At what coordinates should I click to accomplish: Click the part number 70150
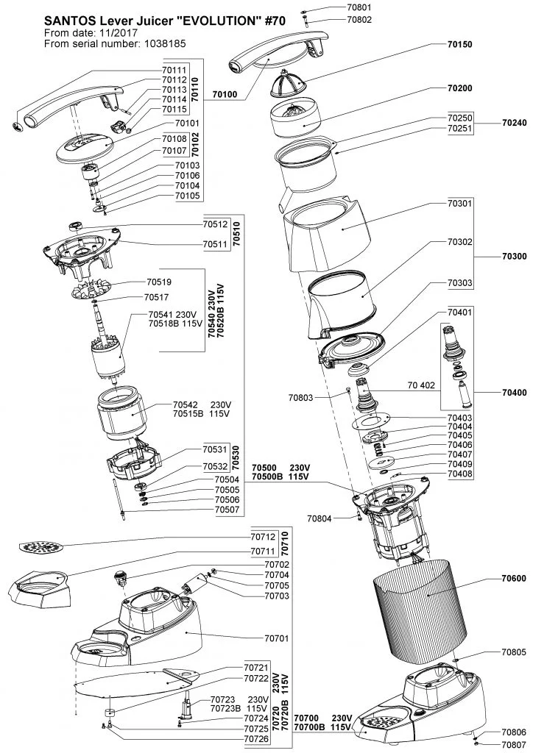pyautogui.click(x=459, y=44)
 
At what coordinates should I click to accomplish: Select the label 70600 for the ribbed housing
pyautogui.click(x=514, y=578)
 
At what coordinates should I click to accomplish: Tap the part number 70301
pyautogui.click(x=459, y=203)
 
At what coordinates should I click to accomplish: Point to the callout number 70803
pyautogui.click(x=300, y=398)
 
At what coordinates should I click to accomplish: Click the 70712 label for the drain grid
pyautogui.click(x=263, y=538)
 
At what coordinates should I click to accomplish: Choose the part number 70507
pyautogui.click(x=227, y=510)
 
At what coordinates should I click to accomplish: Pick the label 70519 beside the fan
pyautogui.click(x=158, y=282)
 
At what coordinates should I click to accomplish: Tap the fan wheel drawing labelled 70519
pyautogui.click(x=91, y=290)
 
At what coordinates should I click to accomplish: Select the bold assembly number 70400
pyautogui.click(x=514, y=393)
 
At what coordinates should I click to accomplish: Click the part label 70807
pyautogui.click(x=514, y=745)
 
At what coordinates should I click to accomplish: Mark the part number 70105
pyautogui.click(x=188, y=196)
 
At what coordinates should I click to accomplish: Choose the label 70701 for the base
pyautogui.click(x=277, y=638)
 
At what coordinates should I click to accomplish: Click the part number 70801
pyautogui.click(x=359, y=7)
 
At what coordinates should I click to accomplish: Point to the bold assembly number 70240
pyautogui.click(x=514, y=123)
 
